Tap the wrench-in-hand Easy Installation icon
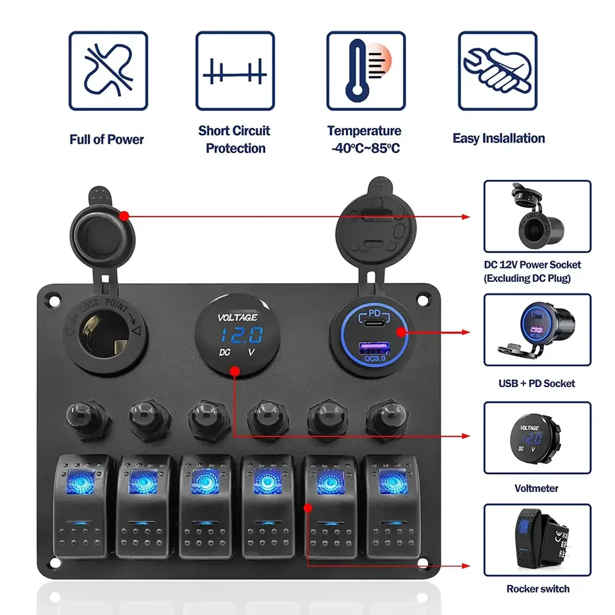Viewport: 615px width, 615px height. pyautogui.click(x=497, y=70)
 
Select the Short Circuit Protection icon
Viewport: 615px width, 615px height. pyautogui.click(x=234, y=70)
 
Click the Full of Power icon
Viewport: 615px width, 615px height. pyautogui.click(x=108, y=70)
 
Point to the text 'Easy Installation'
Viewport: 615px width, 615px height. pyautogui.click(x=498, y=138)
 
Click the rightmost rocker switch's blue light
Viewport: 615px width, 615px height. pyautogui.click(x=390, y=480)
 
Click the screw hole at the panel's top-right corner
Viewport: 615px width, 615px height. pyautogui.click(x=423, y=299)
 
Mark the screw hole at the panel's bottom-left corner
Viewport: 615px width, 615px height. pyautogui.click(x=54, y=563)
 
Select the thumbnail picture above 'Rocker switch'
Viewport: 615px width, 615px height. pyautogui.click(x=537, y=539)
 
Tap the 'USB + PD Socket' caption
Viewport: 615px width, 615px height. pyautogui.click(x=537, y=383)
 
